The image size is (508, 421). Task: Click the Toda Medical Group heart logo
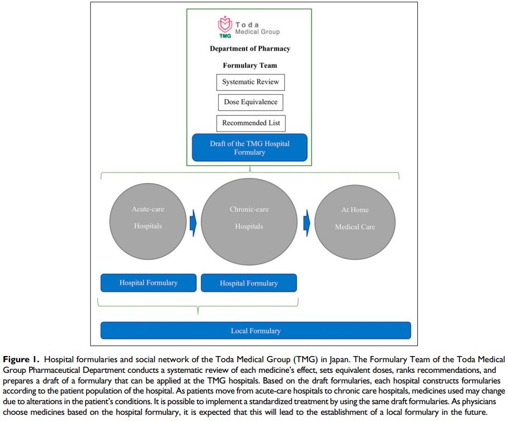(x=225, y=24)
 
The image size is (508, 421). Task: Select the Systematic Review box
(x=250, y=82)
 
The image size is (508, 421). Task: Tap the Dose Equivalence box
(x=250, y=102)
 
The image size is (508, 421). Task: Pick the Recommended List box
(x=250, y=123)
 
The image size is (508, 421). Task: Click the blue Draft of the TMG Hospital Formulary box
(x=250, y=148)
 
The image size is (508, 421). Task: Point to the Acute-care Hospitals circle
(x=148, y=218)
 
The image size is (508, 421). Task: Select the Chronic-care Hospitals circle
(x=249, y=218)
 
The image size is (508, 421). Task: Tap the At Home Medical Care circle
(x=355, y=218)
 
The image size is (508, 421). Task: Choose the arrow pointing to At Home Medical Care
(x=307, y=222)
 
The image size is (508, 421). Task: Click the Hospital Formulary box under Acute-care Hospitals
(x=148, y=283)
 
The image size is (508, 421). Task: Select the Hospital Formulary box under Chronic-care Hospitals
(x=249, y=283)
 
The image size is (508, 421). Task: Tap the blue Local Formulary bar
(x=256, y=330)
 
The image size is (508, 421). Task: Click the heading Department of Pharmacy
(x=250, y=49)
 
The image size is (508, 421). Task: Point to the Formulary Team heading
(x=250, y=66)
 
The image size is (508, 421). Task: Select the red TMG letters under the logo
(x=225, y=36)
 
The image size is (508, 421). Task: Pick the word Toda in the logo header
(x=247, y=25)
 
